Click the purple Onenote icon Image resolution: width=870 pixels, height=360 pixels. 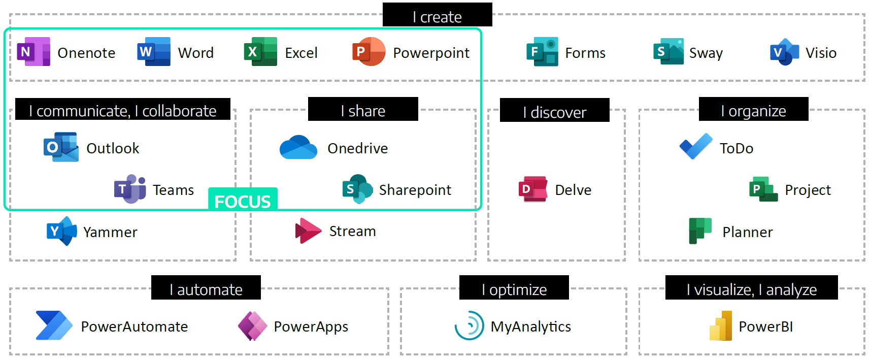tap(34, 52)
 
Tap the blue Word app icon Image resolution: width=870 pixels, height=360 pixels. tap(154, 52)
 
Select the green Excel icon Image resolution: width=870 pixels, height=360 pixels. tap(260, 52)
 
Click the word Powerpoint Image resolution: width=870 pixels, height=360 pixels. tap(431, 53)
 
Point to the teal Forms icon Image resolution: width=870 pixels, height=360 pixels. tap(542, 52)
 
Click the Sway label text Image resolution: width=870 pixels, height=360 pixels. tap(706, 53)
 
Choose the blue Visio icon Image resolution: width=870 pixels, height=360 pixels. tap(784, 52)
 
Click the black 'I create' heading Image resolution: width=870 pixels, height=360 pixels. tap(437, 15)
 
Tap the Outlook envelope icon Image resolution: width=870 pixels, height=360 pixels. tap(61, 147)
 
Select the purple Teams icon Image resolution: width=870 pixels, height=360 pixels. tap(130, 189)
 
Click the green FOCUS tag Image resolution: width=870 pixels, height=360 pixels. tap(243, 200)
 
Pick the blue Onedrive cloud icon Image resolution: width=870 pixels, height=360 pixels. tap(298, 148)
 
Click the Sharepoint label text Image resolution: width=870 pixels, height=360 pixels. tap(415, 190)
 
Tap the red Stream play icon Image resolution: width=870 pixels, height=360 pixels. tap(308, 231)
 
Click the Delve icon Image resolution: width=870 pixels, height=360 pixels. tap(533, 189)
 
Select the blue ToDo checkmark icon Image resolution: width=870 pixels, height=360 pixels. tap(695, 147)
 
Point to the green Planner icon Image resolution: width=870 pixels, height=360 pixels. tap(700, 231)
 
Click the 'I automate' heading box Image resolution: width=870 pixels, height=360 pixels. tap(206, 288)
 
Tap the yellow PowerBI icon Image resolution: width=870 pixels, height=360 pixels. tap(721, 326)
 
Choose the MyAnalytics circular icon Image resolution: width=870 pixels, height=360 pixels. tap(469, 325)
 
